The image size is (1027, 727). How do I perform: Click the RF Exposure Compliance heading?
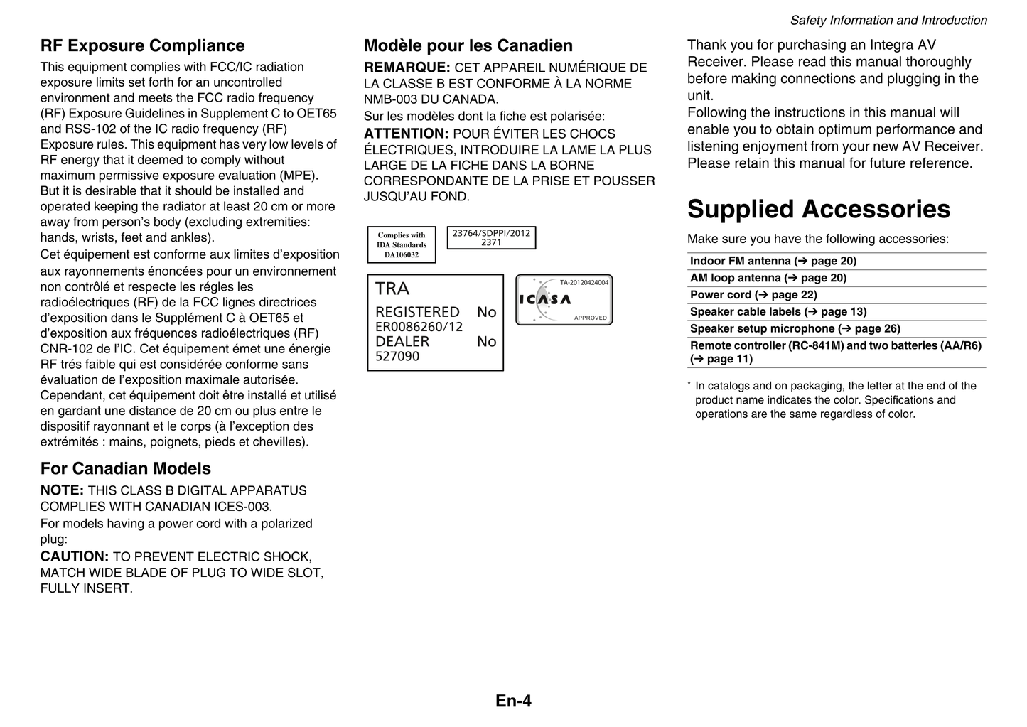click(142, 46)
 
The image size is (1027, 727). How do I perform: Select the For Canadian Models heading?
click(126, 469)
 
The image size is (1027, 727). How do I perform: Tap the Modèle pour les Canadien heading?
click(468, 46)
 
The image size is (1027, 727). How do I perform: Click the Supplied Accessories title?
click(818, 209)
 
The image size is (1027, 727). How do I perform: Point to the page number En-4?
click(513, 701)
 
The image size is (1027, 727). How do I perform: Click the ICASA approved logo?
click(564, 300)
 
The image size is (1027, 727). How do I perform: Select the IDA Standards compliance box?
click(402, 244)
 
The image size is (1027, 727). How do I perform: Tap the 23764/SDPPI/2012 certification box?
click(491, 238)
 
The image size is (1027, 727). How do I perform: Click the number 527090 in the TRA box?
click(397, 357)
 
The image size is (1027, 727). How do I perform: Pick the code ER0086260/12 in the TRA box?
click(419, 327)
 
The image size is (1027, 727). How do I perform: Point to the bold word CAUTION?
click(75, 557)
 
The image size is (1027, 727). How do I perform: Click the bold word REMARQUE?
click(407, 68)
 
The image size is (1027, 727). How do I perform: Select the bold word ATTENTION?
click(406, 134)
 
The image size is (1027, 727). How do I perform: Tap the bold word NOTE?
click(62, 490)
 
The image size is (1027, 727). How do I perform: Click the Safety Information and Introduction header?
click(888, 21)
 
